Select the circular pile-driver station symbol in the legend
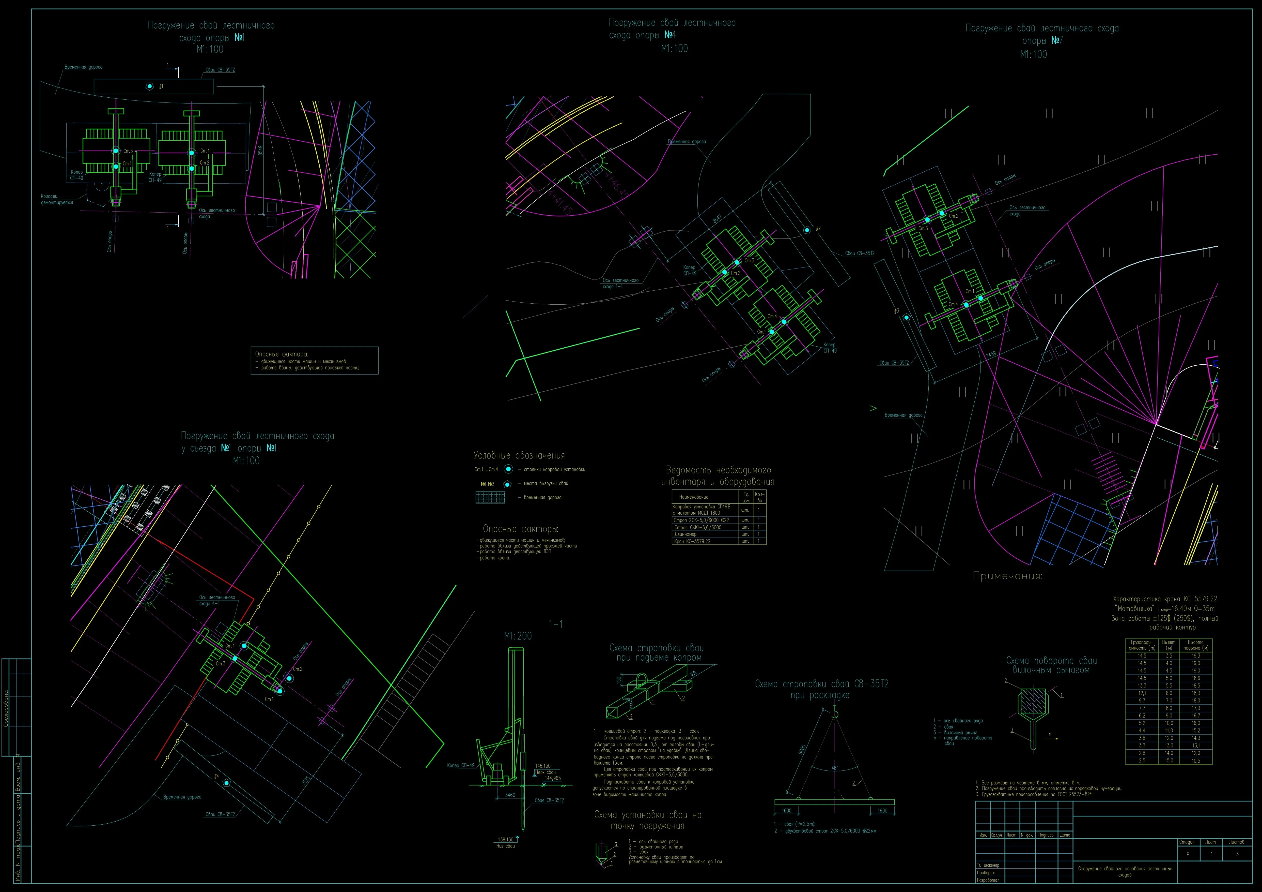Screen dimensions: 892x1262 coord(508,469)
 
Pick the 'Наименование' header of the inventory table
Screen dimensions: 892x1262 coord(694,497)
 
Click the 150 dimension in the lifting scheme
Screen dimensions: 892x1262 coord(619,680)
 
